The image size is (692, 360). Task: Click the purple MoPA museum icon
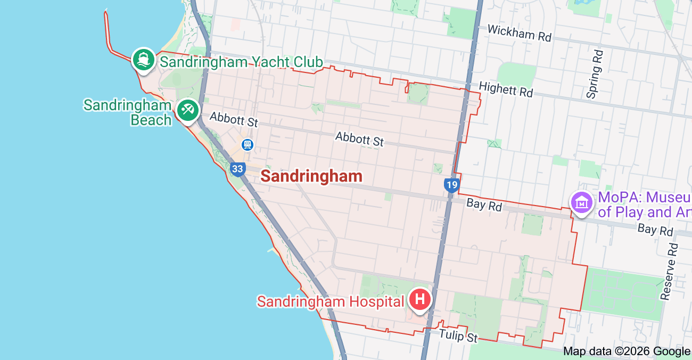[581, 203]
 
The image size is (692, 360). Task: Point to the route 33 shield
[237, 169]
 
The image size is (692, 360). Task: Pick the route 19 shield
[451, 185]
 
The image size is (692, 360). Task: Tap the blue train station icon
[247, 144]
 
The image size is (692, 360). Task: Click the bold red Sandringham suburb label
[311, 176]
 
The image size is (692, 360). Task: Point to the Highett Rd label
[506, 89]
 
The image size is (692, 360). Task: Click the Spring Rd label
[595, 74]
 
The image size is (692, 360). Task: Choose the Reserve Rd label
[670, 272]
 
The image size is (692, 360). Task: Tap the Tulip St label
[458, 337]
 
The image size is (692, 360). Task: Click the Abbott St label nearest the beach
[233, 119]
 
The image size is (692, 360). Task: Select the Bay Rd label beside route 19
[484, 204]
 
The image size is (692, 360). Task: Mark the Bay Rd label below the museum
[655, 230]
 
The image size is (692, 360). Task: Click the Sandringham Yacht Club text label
[241, 62]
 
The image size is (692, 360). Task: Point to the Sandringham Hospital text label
[331, 302]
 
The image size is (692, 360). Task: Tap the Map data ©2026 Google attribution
[627, 351]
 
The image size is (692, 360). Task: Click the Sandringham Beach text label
[128, 112]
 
